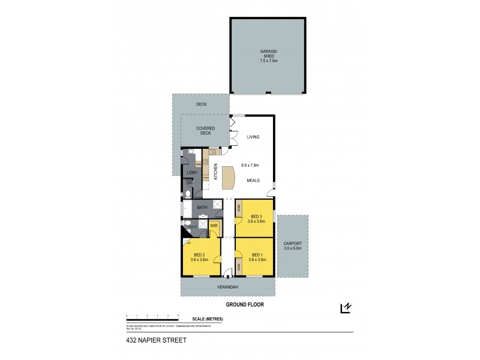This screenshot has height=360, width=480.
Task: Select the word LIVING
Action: click(253, 137)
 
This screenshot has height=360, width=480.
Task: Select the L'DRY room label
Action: click(192, 173)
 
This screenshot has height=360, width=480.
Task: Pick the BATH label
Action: click(202, 208)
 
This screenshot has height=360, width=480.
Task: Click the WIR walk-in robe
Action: click(213, 226)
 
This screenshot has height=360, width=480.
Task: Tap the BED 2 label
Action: click(199, 256)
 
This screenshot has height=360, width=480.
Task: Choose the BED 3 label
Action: click(256, 217)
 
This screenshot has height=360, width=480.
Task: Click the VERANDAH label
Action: click(227, 286)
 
